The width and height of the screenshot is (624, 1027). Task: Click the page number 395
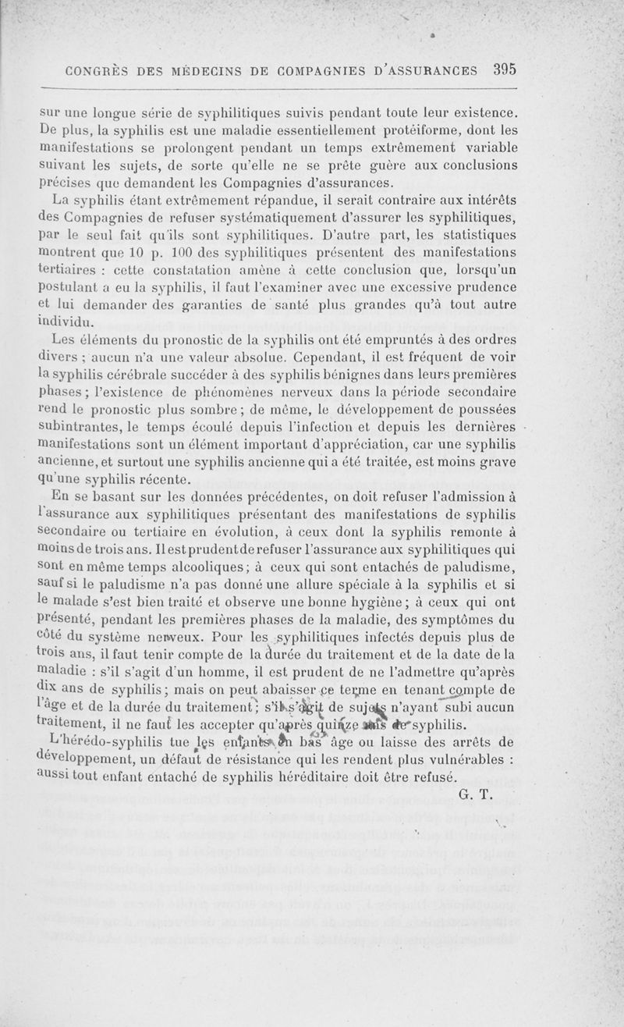coord(505,69)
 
